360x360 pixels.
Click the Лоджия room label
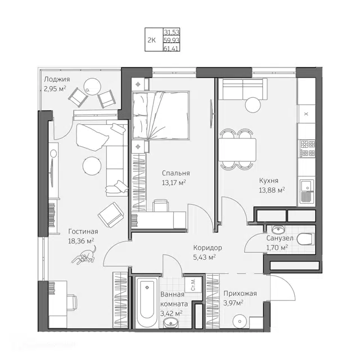click(x=57, y=79)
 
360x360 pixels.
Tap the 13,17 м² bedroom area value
click(x=174, y=183)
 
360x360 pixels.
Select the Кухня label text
click(x=269, y=181)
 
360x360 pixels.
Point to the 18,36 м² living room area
click(x=81, y=241)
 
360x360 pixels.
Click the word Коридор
click(x=208, y=247)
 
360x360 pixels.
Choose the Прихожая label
click(x=240, y=294)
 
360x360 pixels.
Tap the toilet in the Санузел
click(x=305, y=239)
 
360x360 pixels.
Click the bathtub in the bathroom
click(x=147, y=302)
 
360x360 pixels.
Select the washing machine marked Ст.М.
click(x=193, y=284)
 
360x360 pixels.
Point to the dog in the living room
click(x=84, y=255)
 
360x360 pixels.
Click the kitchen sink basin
click(x=306, y=186)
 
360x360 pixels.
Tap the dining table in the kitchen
click(x=237, y=150)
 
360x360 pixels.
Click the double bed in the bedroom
click(x=161, y=115)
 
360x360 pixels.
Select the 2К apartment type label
click(x=151, y=40)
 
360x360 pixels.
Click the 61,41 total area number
click(x=171, y=48)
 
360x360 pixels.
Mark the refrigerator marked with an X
click(x=306, y=114)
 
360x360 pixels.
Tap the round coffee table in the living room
click(x=92, y=166)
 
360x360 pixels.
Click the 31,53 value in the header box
click(x=172, y=32)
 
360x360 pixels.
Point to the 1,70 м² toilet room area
click(x=277, y=247)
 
